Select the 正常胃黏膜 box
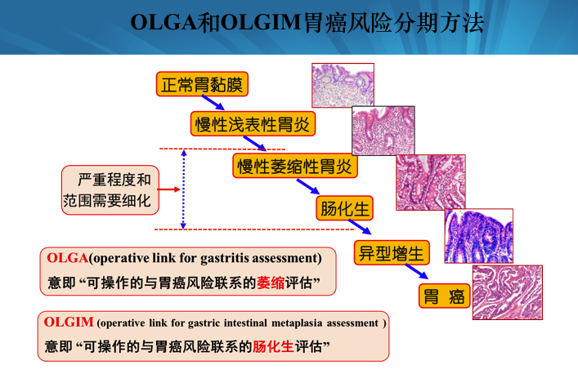point(201,84)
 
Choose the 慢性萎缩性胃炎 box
point(295,167)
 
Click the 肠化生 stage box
point(343,209)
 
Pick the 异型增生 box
point(392,252)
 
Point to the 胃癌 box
point(446,296)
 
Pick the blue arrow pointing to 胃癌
point(418,273)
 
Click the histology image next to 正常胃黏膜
point(342,86)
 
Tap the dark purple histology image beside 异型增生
point(478,236)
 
